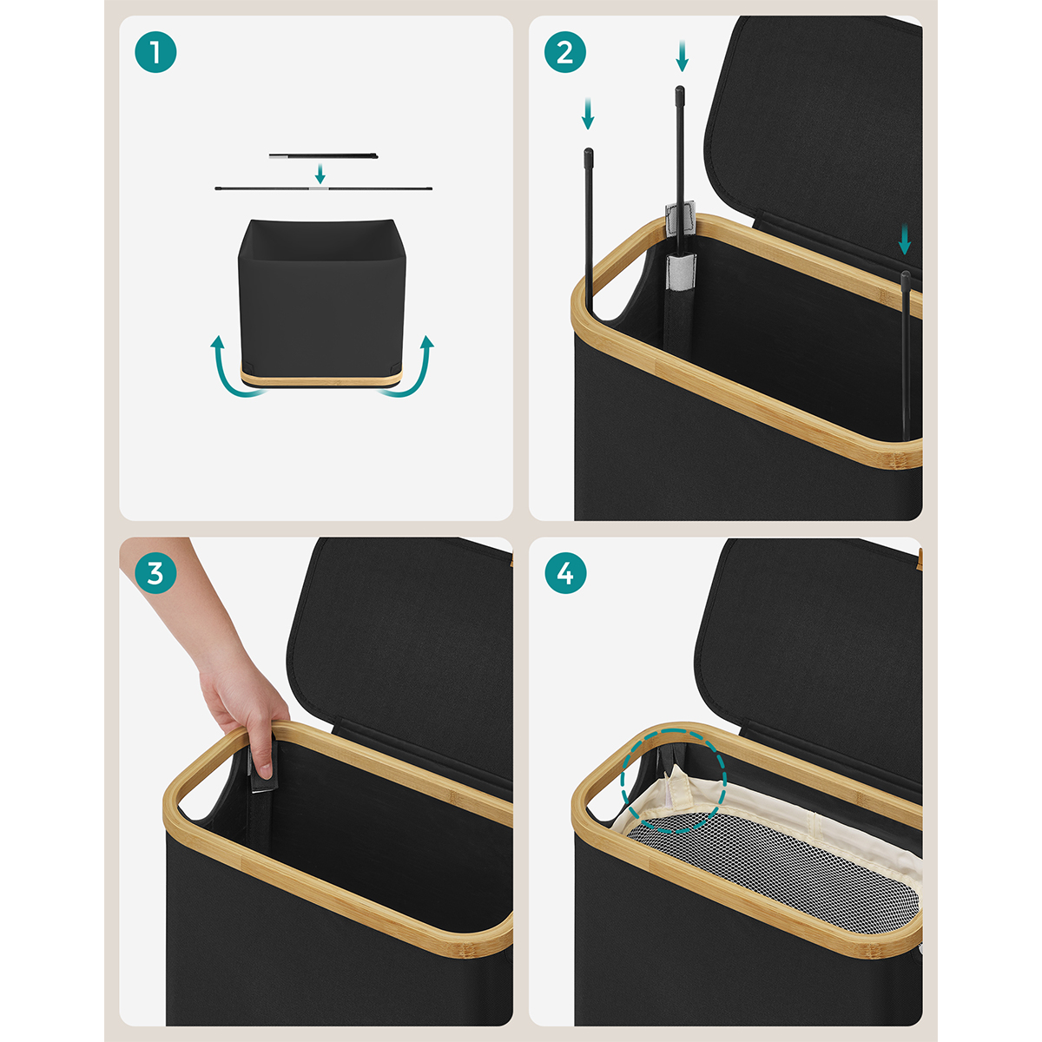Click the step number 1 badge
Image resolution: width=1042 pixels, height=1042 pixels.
click(x=155, y=52)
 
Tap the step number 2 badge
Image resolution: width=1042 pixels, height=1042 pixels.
click(x=565, y=52)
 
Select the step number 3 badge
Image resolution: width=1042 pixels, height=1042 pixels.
click(x=155, y=573)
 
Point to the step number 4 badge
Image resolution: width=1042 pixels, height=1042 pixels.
click(x=565, y=573)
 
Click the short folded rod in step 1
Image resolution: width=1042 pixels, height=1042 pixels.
click(x=323, y=156)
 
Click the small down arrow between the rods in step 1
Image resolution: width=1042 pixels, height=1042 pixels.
click(x=320, y=174)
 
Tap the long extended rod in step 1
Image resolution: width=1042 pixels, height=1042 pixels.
click(x=323, y=188)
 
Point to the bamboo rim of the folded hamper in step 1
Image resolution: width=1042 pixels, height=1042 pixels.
click(x=322, y=377)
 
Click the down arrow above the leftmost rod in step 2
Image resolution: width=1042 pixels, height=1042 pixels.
click(x=588, y=114)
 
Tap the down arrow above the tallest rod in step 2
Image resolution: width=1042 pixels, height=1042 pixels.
click(x=682, y=56)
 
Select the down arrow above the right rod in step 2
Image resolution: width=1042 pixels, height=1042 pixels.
click(x=905, y=240)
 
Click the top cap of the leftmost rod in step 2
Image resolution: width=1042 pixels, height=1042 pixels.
click(x=589, y=154)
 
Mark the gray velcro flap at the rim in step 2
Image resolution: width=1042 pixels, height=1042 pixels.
click(x=680, y=219)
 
